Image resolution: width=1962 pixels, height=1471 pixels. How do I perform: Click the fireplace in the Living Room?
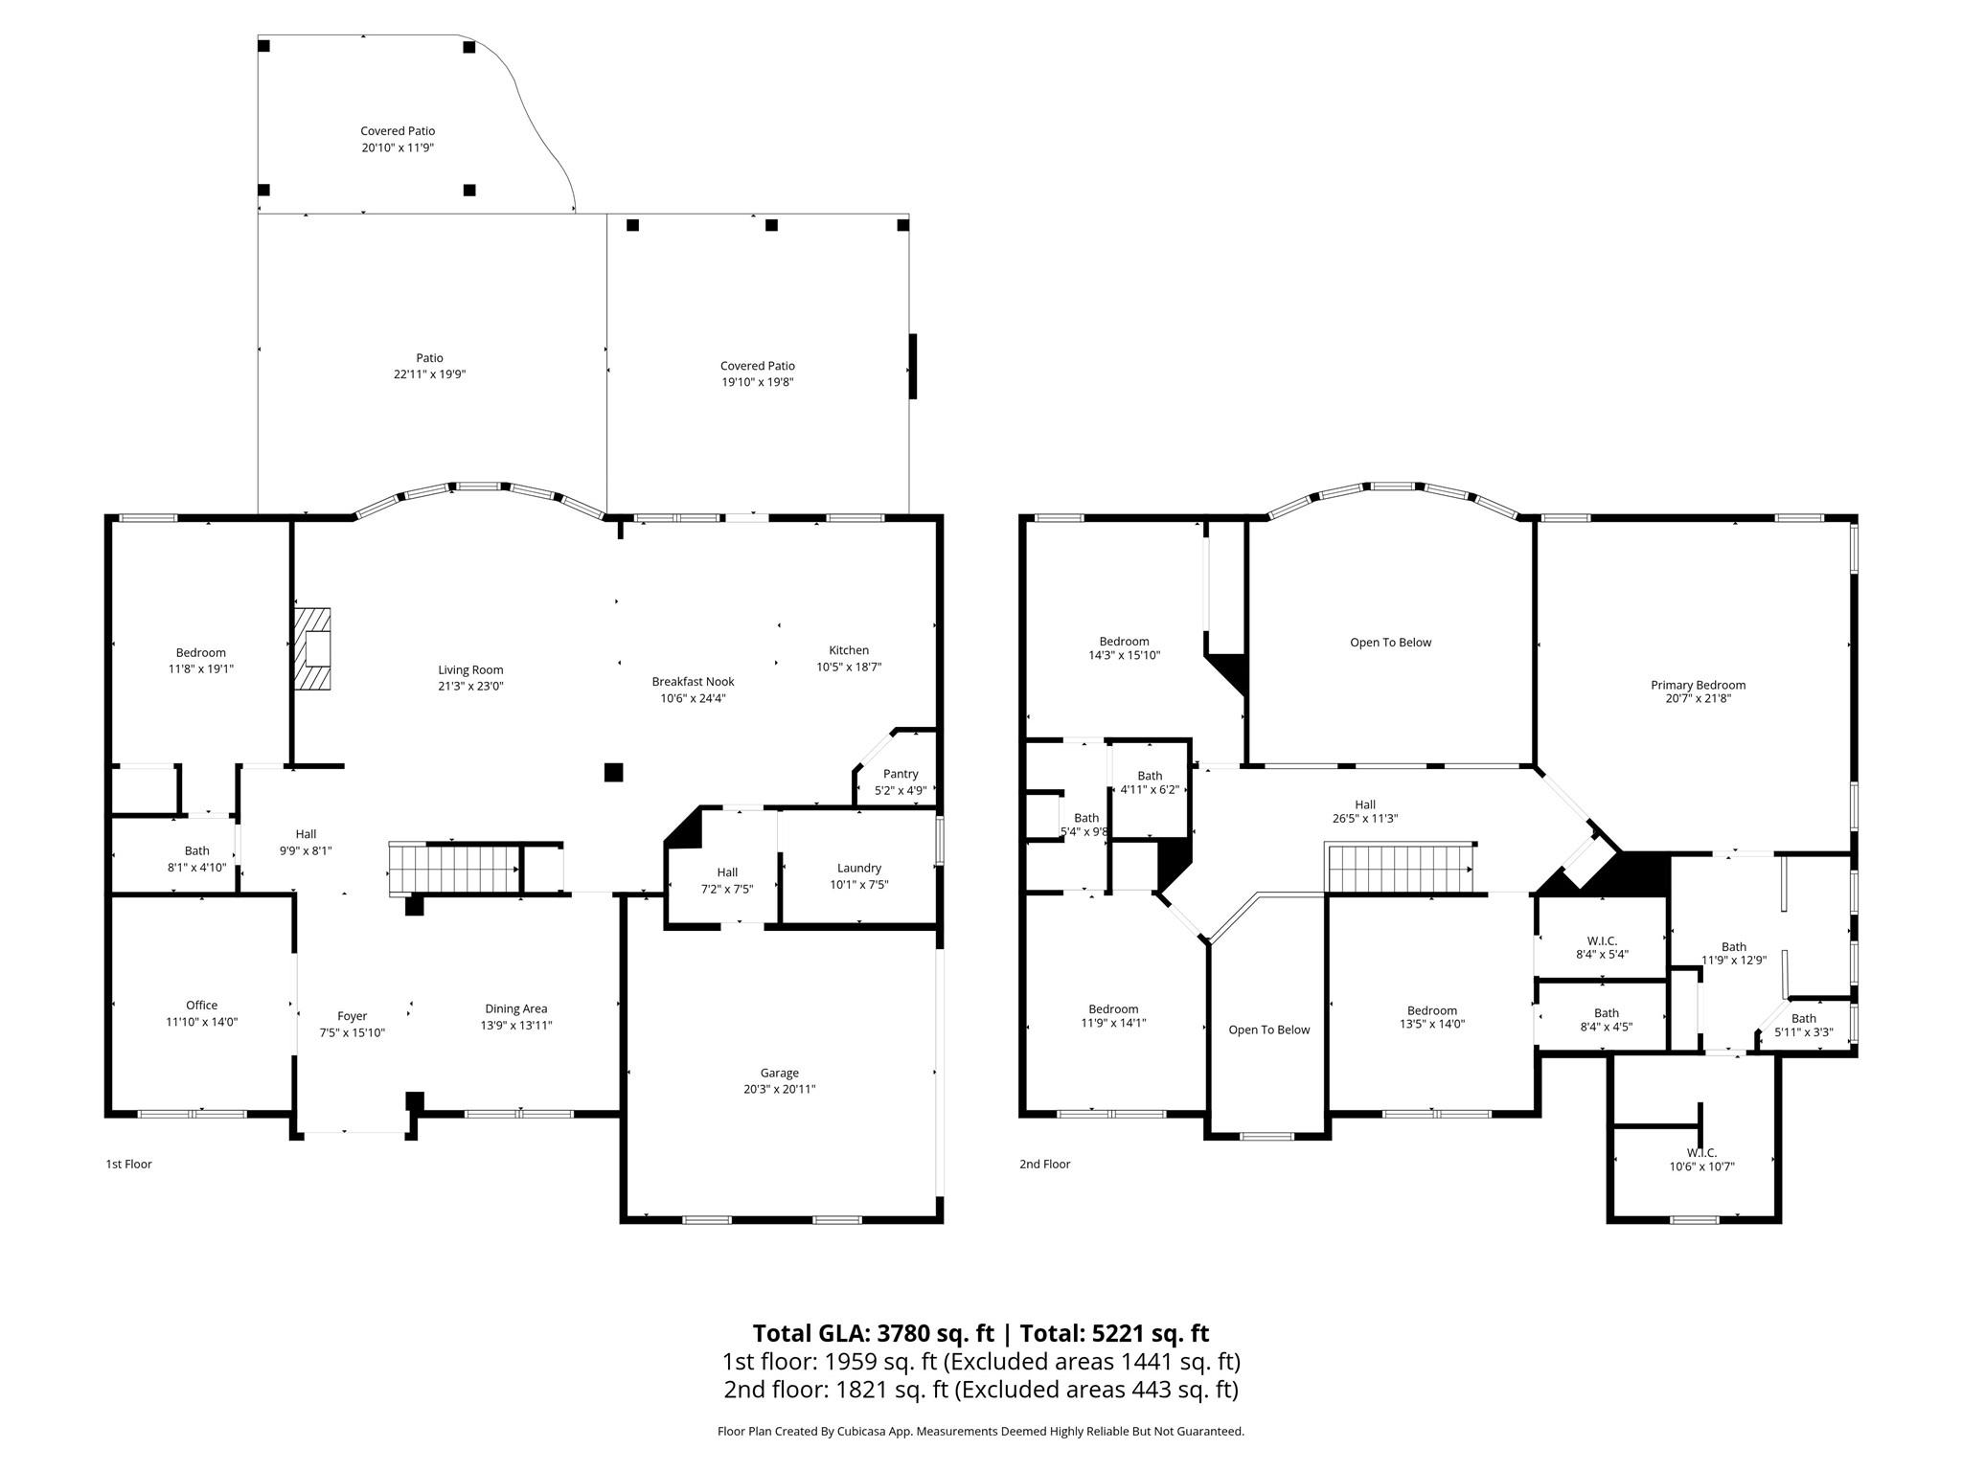coord(311,649)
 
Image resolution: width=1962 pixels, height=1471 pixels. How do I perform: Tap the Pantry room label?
coord(901,774)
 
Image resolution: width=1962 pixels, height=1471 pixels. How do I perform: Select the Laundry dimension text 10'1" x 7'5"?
coord(858,885)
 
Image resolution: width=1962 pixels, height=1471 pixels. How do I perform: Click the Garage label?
coord(779,1073)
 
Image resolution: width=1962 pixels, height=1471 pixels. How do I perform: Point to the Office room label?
coord(201,1005)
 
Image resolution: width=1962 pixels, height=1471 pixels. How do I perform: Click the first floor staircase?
coord(454,870)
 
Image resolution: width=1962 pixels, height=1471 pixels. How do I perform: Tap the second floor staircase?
coord(1400,868)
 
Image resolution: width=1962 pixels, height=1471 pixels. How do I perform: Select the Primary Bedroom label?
coord(1698,685)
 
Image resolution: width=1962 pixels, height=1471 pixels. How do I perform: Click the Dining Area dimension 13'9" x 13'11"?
coord(515,1025)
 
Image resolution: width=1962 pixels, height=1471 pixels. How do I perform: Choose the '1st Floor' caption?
coord(128,1164)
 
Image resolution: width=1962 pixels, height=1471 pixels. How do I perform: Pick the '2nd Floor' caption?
coord(1044,1164)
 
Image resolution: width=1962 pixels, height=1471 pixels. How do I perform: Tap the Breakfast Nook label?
coord(693,682)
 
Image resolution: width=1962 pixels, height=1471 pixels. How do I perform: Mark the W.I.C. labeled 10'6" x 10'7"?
coord(1701,1160)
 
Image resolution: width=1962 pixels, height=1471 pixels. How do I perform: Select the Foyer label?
coord(352,1016)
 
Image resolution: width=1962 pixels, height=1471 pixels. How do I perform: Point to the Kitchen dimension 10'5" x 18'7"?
coord(848,667)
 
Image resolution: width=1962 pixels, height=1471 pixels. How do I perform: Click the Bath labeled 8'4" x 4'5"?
coord(1606,1020)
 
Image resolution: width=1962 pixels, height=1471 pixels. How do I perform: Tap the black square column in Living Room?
coord(613,772)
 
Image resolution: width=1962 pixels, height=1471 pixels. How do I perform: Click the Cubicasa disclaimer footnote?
coord(980,1432)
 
